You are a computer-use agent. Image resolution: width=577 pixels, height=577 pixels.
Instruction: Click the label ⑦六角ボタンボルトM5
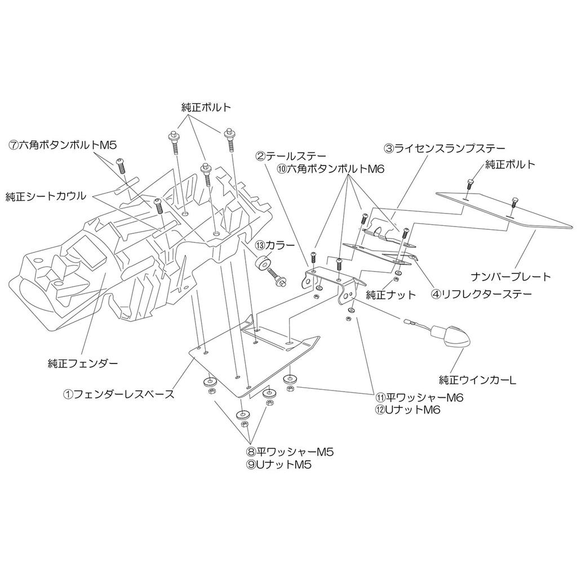click(x=62, y=145)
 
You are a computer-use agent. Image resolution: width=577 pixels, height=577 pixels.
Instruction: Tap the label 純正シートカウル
click(x=46, y=196)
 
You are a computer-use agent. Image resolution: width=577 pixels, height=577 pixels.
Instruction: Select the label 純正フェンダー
click(x=83, y=364)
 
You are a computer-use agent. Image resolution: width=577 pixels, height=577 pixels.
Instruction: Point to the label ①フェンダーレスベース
click(x=118, y=394)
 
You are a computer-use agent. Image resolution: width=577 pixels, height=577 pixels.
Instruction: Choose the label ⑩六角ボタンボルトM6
click(x=330, y=169)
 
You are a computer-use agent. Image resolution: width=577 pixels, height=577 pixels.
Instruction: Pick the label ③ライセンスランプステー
click(x=445, y=148)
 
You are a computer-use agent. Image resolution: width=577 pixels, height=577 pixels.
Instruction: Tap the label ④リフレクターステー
click(x=481, y=294)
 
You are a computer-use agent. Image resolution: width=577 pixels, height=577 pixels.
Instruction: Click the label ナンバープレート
click(x=511, y=276)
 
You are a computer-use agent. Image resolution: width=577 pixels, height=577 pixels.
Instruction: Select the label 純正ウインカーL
click(x=478, y=379)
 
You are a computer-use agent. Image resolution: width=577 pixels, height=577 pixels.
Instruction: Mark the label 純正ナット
click(x=391, y=294)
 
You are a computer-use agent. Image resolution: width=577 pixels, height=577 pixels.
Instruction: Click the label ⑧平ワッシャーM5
click(x=290, y=451)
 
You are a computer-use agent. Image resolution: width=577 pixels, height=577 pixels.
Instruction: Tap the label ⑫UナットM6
click(x=408, y=410)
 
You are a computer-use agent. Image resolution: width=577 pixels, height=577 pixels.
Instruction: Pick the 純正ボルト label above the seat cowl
click(x=206, y=108)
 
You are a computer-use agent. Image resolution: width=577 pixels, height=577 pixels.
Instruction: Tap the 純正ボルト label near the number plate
click(x=510, y=164)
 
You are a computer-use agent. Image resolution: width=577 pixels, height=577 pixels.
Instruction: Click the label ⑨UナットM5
click(x=279, y=464)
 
